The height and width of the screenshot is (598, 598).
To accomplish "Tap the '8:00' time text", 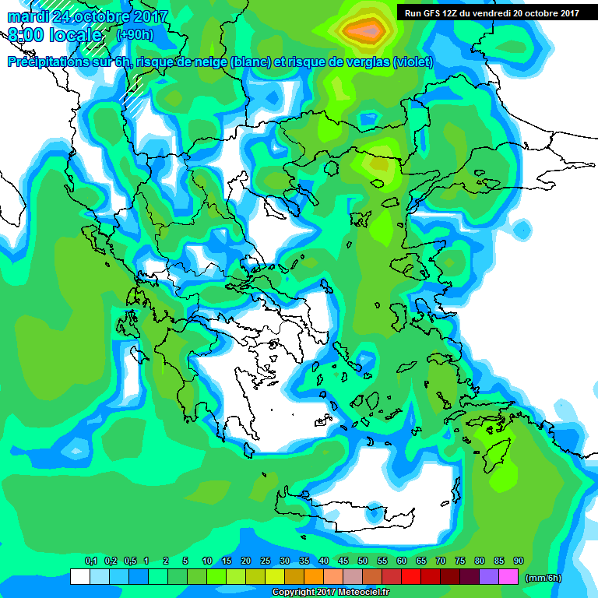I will [26, 35].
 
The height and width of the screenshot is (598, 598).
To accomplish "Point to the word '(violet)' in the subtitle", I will [413, 62].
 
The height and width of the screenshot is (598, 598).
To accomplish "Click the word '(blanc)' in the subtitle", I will [250, 62].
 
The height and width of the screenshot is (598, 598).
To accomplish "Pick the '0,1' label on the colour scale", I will [90, 561].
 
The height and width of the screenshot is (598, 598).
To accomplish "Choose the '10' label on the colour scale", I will [207, 561].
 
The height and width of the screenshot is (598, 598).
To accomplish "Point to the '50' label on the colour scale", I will [363, 561].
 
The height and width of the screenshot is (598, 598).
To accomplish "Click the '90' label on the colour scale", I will [519, 561].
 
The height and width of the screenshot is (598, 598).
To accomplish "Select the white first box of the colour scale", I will [79, 576].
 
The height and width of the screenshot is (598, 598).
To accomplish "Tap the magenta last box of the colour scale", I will [508, 576].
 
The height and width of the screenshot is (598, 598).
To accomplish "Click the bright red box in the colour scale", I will [411, 576].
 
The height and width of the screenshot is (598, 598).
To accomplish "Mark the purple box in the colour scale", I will [489, 576].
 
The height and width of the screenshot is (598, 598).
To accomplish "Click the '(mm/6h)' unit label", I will [543, 577].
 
